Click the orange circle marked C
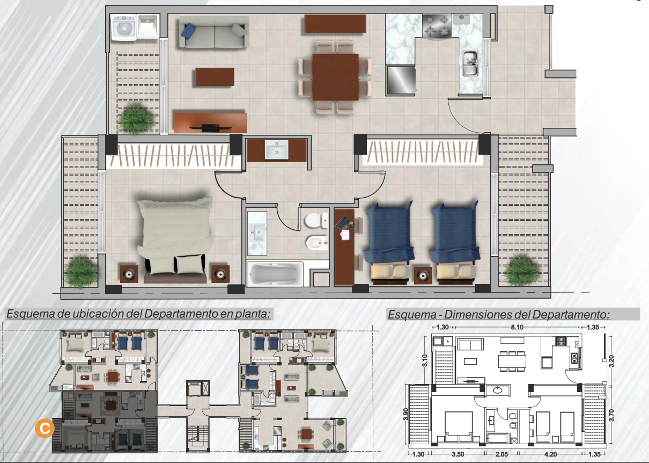click(45, 428)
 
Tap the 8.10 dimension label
click(517, 327)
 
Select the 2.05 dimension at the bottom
click(501, 454)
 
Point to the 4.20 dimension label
click(551, 454)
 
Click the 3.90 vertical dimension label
click(406, 414)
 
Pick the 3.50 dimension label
click(458, 454)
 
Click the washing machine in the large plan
click(124, 28)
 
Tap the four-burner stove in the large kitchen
click(437, 26)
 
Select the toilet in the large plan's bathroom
click(316, 221)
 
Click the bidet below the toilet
click(317, 243)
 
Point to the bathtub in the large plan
click(275, 273)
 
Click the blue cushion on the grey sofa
click(188, 31)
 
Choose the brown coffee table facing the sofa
click(215, 77)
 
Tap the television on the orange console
click(211, 127)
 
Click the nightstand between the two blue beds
click(423, 276)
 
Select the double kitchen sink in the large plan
click(470, 63)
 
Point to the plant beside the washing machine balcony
click(136, 118)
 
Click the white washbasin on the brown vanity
click(276, 150)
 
